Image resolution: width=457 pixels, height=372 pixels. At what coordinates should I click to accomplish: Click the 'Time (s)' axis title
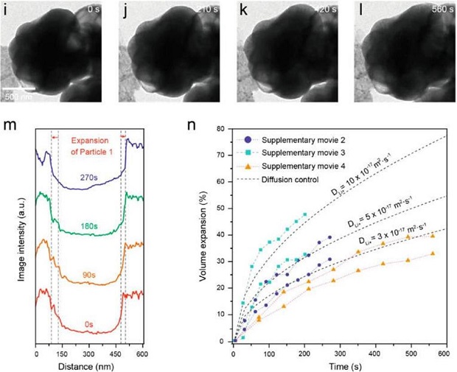tap(339, 365)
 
